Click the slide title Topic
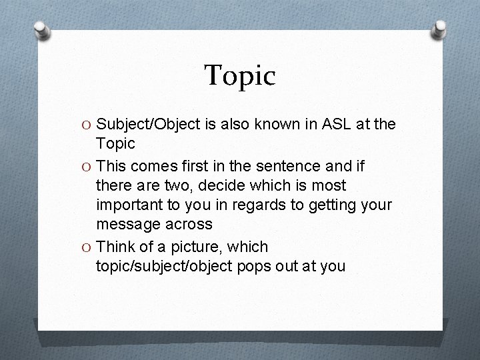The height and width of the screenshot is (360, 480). coord(239,76)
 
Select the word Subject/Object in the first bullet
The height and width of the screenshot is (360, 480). coord(148,124)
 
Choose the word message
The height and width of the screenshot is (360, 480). coord(127,225)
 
